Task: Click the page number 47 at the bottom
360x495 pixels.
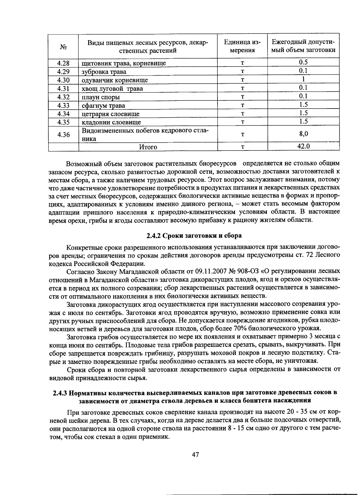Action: click(195, 455)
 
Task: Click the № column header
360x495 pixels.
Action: click(63, 47)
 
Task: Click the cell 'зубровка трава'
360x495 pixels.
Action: click(104, 72)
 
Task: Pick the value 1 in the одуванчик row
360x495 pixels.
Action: click(303, 79)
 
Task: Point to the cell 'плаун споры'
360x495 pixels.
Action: click(101, 97)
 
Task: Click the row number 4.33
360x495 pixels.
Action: click(63, 106)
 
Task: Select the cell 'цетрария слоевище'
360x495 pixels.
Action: click(111, 114)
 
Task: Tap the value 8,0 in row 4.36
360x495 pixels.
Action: click(303, 134)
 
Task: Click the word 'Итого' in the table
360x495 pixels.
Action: click(148, 147)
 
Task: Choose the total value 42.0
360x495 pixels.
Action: click(303, 146)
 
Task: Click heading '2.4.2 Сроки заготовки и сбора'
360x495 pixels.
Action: click(194, 235)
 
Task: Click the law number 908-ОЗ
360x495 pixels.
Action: click(248, 271)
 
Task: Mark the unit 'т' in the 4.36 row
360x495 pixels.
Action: click(242, 135)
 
